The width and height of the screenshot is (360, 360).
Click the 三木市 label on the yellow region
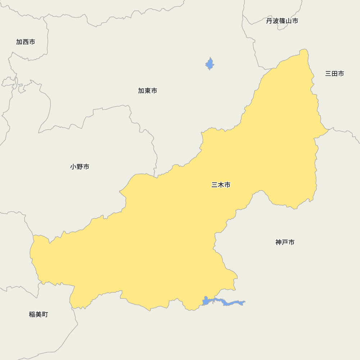(x=221, y=185)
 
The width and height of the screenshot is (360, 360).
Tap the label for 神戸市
(x=285, y=242)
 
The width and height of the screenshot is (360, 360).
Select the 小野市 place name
(x=80, y=167)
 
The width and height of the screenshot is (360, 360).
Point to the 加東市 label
(x=148, y=91)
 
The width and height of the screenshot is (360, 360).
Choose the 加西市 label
(x=26, y=42)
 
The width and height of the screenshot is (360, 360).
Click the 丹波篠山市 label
(x=282, y=21)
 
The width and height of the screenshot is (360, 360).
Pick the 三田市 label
(x=334, y=73)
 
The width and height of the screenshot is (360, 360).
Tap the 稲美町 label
(x=39, y=314)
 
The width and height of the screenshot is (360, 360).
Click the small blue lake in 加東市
(x=210, y=64)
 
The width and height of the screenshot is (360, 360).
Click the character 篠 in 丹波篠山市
(x=282, y=21)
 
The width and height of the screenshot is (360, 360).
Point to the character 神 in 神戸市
(x=279, y=242)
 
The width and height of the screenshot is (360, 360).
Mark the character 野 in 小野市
(x=80, y=167)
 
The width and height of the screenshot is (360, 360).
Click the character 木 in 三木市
(x=221, y=185)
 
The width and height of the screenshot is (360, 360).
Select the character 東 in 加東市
(x=148, y=91)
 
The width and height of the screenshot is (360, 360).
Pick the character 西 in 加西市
(x=26, y=42)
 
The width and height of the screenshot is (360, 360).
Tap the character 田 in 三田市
(x=334, y=73)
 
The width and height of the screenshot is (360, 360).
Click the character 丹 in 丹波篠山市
(x=269, y=21)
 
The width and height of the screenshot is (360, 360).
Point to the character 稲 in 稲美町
(x=32, y=314)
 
